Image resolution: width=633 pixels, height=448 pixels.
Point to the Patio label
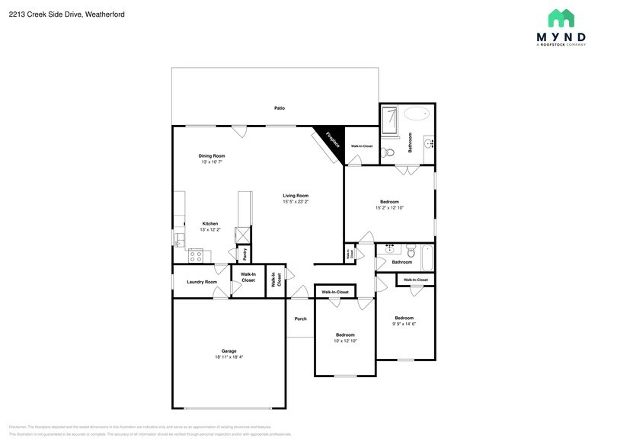pos(280,108)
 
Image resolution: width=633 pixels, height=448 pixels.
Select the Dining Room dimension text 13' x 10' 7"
pos(213,162)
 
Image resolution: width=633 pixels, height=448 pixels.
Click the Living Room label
pos(296,196)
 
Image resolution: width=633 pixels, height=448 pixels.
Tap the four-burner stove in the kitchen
pos(195,256)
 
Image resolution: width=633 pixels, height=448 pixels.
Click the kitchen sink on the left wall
pos(179,239)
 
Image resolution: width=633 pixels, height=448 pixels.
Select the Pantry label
pos(245,254)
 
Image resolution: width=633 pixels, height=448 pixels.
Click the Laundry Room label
pos(202,282)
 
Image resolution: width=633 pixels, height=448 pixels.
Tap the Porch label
pos(300,318)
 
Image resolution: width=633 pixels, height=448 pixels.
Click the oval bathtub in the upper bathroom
pos(416,114)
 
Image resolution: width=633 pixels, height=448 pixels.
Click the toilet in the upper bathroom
pos(386,150)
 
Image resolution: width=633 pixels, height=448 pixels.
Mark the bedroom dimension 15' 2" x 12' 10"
pos(389,208)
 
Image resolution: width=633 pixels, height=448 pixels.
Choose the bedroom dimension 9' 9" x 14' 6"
pos(404,324)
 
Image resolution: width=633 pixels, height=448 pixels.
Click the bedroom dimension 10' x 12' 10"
pos(345,341)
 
